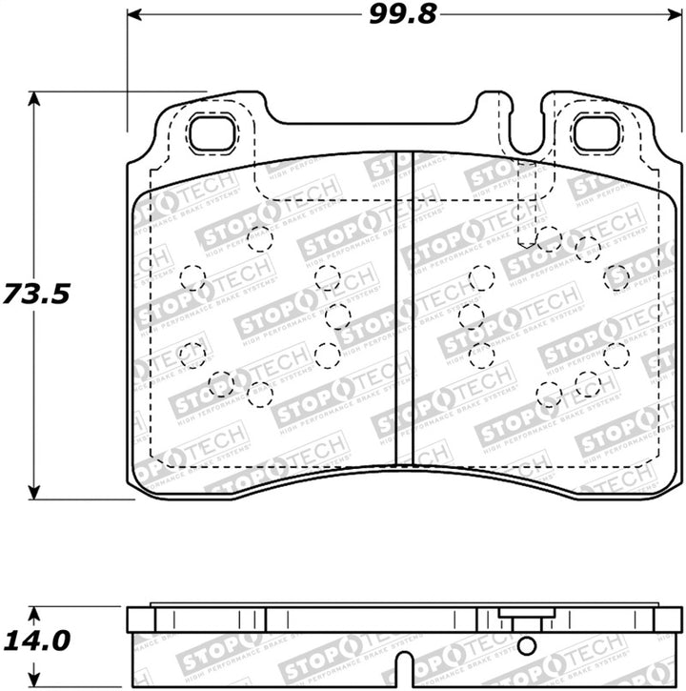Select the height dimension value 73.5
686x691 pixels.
(35, 293)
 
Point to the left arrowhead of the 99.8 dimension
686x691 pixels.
(132, 15)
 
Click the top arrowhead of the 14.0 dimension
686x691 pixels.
(35, 609)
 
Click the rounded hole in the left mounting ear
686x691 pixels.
(212, 133)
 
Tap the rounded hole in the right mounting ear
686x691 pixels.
(598, 133)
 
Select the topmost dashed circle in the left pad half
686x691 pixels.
(257, 238)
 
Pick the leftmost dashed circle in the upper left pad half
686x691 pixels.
(193, 278)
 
